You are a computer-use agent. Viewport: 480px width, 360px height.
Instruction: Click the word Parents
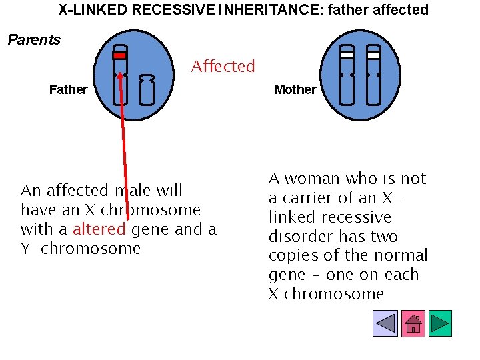pyautogui.click(x=34, y=40)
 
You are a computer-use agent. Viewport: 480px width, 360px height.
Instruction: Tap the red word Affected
pyautogui.click(x=223, y=67)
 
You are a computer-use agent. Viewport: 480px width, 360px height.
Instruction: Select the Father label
pyautogui.click(x=68, y=89)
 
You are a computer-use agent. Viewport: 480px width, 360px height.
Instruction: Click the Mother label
pyautogui.click(x=295, y=89)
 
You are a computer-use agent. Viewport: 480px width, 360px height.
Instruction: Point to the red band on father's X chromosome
pyautogui.click(x=119, y=56)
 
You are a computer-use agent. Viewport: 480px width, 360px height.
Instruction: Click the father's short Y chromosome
pyautogui.click(x=147, y=91)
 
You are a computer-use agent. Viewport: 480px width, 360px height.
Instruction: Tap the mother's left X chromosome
pyautogui.click(x=347, y=80)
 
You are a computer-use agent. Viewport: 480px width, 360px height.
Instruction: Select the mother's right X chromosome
pyautogui.click(x=373, y=80)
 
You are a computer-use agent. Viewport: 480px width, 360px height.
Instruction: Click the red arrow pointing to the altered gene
pyautogui.click(x=123, y=147)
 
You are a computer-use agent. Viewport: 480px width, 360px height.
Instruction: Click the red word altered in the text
pyautogui.click(x=99, y=230)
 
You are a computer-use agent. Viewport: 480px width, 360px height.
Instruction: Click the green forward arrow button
pyautogui.click(x=440, y=323)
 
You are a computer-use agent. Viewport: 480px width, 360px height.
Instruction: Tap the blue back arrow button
pyautogui.click(x=386, y=323)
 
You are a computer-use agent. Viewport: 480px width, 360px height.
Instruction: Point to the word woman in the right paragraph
pyautogui.click(x=313, y=179)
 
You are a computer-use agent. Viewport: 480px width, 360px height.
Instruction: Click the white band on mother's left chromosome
pyautogui.click(x=347, y=55)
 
